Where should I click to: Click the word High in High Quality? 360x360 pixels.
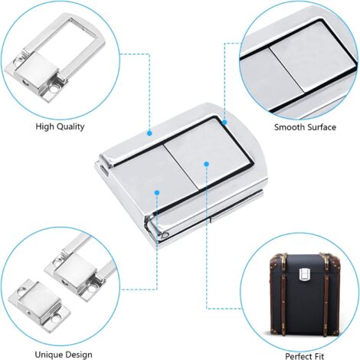tap(44, 126)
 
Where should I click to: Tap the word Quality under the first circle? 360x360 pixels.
tap(70, 126)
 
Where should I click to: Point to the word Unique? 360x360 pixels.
tap(48, 355)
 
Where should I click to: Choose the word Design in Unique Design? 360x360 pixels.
tap(78, 355)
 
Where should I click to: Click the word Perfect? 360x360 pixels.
tap(297, 356)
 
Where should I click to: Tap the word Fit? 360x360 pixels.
tap(318, 356)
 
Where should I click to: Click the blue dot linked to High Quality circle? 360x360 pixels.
tap(149, 133)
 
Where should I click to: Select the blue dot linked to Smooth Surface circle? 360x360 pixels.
tap(224, 123)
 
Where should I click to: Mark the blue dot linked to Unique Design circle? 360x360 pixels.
tap(157, 192)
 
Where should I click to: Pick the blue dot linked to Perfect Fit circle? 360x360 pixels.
tap(207, 164)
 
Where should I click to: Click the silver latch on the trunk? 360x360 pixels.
tap(305, 274)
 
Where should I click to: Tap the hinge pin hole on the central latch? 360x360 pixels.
tap(165, 234)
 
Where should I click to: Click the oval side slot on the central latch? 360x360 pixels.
tap(103, 169)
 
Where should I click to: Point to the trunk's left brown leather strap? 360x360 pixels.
tap(283, 293)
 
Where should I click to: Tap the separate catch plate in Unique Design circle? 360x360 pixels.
tap(39, 306)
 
